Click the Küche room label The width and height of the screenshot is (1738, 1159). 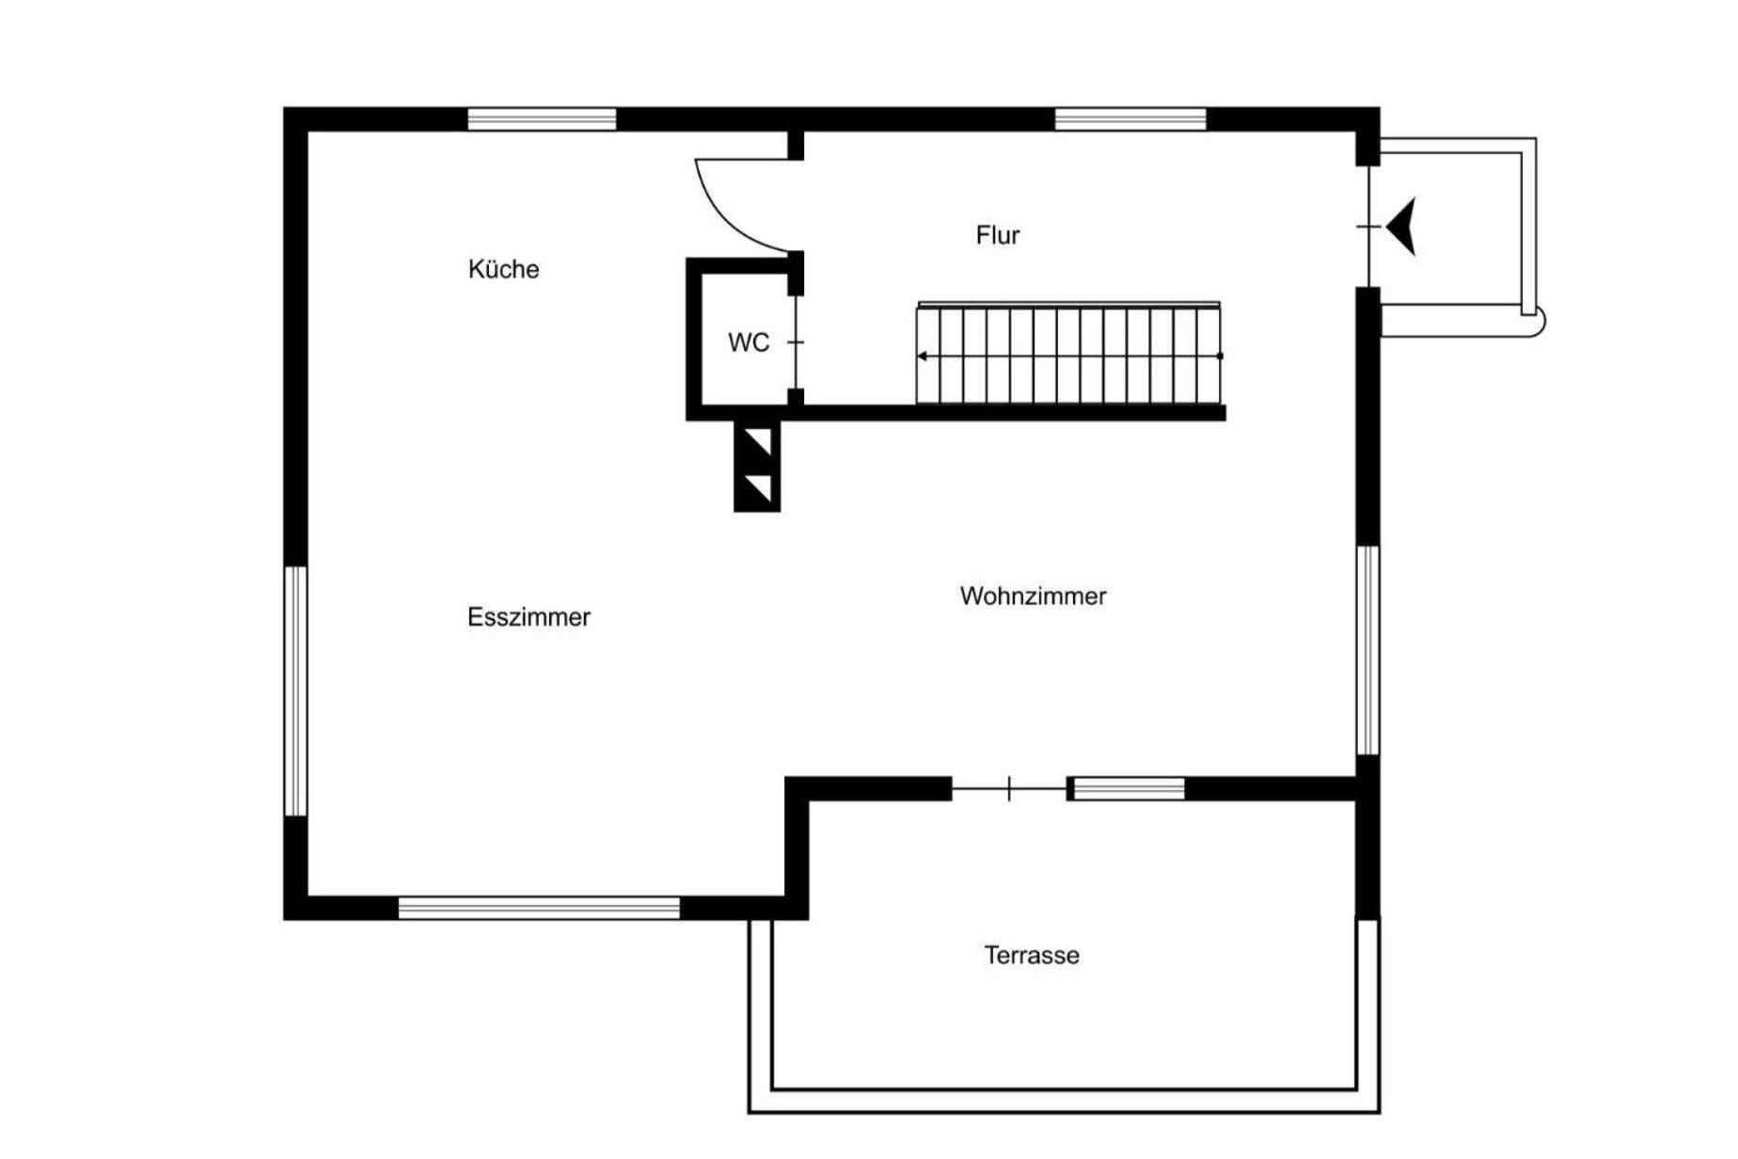point(503,269)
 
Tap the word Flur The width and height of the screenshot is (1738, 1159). point(997,234)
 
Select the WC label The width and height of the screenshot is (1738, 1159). point(749,342)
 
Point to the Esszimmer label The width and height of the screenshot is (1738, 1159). point(529,617)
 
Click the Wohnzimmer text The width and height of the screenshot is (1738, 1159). point(1033,595)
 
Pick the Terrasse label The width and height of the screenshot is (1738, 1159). point(1032,955)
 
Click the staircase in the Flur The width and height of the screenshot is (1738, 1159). point(1069,354)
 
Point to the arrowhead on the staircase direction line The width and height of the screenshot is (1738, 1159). point(923,357)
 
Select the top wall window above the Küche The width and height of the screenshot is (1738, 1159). point(542,119)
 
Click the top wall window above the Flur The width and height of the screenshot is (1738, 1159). point(1130,119)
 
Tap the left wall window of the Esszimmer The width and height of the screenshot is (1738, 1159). point(296,691)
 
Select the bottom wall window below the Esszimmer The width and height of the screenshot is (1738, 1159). point(539,908)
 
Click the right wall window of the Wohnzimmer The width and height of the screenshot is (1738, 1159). point(1368,650)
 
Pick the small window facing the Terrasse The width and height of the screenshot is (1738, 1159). point(1129,789)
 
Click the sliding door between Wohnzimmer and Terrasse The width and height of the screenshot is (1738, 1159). point(1009,788)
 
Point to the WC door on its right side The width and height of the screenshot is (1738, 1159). point(797,342)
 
